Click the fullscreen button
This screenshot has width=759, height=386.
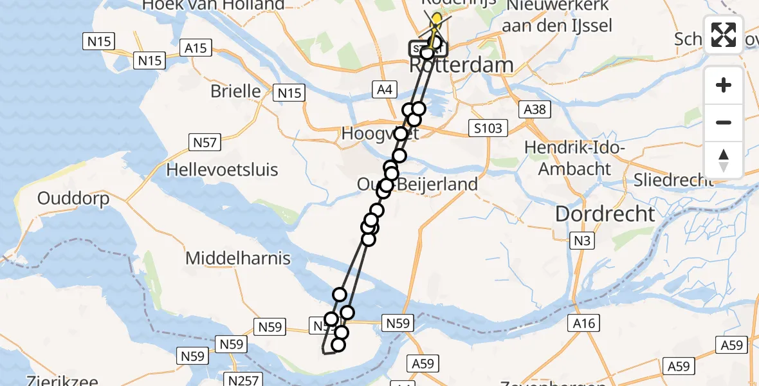point(724,34)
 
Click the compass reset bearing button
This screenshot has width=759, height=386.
point(724,160)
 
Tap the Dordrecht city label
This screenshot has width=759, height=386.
point(605,214)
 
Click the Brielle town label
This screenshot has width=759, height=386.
point(235,91)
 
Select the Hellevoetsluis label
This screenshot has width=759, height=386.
point(222,170)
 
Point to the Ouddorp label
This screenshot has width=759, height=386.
point(73,198)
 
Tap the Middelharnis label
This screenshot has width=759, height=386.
point(238,259)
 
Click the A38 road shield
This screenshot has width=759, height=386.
point(535,109)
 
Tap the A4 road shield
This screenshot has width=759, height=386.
point(385,90)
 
